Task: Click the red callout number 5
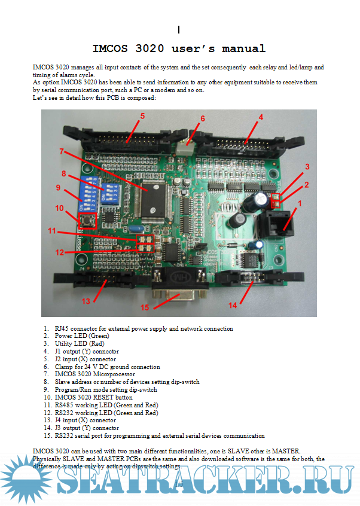[x=143, y=116]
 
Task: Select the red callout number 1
[x=300, y=203]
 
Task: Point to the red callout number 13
[x=87, y=301]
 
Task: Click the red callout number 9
[x=59, y=188]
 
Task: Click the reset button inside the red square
[x=87, y=221]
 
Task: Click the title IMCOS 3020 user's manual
[x=179, y=48]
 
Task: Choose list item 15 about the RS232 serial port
[x=159, y=436]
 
